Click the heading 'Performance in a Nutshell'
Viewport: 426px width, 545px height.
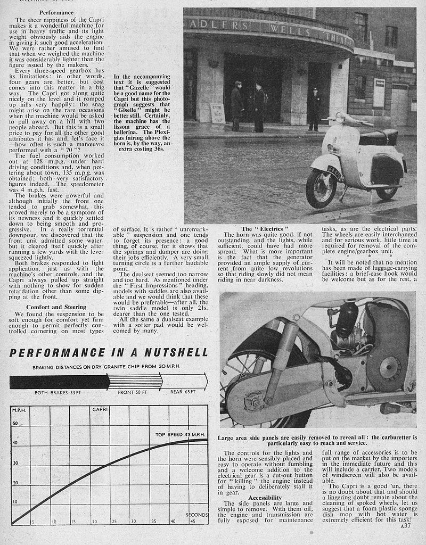click(108, 353)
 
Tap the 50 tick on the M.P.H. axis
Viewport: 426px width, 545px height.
click(14, 423)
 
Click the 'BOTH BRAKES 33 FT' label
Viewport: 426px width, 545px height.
click(56, 393)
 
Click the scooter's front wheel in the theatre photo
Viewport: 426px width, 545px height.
click(321, 189)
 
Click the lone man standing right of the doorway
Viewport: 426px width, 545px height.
click(314, 109)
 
